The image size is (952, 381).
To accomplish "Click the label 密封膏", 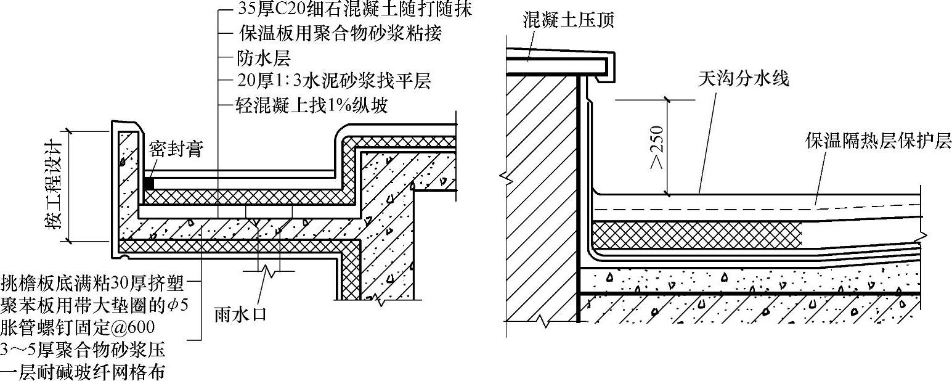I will [176, 150].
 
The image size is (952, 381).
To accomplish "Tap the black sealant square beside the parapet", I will [148, 183].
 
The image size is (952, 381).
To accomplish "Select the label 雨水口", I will [240, 314].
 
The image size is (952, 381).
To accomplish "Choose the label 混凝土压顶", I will [568, 20].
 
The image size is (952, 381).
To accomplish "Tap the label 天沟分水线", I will [743, 78].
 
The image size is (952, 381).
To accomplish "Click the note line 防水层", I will [263, 58].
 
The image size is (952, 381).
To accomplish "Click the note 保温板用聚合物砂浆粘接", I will [340, 33].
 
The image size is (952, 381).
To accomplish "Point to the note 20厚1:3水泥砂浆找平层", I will [333, 81].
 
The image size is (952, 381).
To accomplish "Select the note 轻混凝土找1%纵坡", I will [312, 105].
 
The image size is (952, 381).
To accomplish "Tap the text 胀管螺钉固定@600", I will [78, 326].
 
